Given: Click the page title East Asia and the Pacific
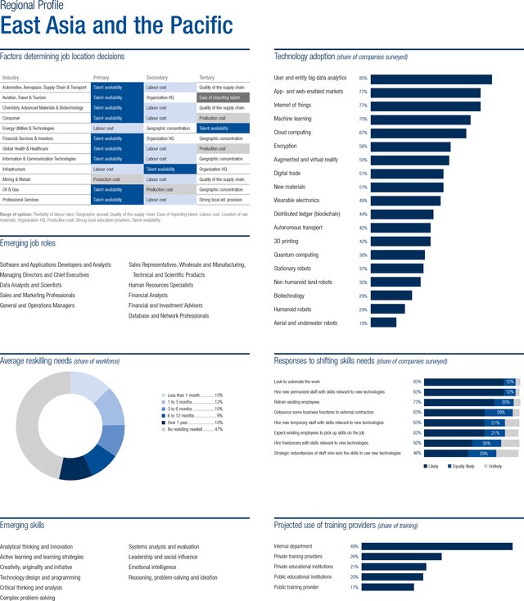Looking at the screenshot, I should click(116, 25).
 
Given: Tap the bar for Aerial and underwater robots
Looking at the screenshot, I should click(383, 323).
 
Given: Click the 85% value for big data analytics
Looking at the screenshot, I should click(363, 79).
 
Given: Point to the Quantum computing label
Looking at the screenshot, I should click(297, 255).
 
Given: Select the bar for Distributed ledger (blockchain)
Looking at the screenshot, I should click(402, 214).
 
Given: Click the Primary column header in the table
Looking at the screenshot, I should click(101, 77).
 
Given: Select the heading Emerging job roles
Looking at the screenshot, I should click(40, 243).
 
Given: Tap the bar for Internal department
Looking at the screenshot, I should click(436, 546).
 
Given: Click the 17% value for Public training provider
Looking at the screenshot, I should click(355, 586).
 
